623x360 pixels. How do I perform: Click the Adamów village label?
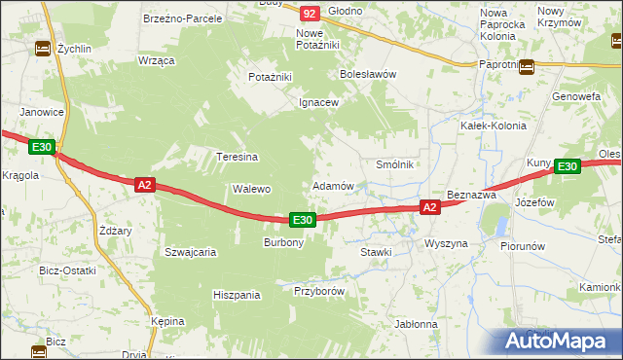[332, 185]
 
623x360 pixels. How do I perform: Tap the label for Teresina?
[237, 157]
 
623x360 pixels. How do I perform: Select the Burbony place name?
[284, 242]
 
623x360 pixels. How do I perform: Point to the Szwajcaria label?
[190, 251]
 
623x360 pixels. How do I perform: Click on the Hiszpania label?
[237, 294]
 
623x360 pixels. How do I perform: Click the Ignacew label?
[318, 102]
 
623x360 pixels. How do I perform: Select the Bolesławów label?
[367, 74]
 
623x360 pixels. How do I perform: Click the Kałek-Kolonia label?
[493, 126]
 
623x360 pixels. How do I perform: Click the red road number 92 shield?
[310, 14]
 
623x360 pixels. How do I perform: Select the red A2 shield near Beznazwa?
[430, 207]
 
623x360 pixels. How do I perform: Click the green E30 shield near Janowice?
[40, 147]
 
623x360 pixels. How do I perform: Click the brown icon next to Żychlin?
[43, 49]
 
